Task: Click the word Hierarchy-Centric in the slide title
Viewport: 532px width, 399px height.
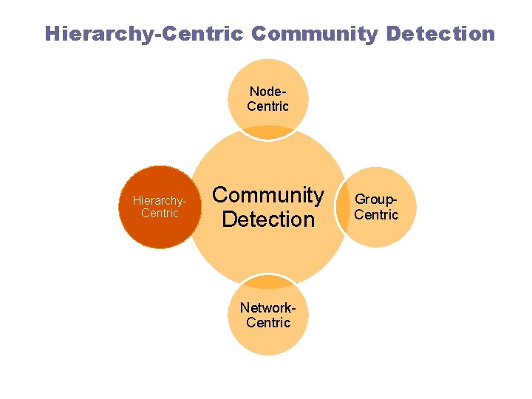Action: click(144, 34)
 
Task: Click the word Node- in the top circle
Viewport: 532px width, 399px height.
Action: click(267, 92)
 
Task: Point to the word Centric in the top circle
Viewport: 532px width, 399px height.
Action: click(267, 106)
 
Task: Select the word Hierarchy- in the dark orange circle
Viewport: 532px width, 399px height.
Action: click(159, 200)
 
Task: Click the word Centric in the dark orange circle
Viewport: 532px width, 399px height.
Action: click(160, 214)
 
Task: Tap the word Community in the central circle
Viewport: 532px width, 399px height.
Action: click(268, 195)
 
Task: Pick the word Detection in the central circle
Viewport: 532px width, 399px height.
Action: click(268, 219)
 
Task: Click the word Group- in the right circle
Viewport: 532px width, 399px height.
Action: click(377, 199)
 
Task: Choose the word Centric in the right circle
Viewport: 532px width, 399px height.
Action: click(376, 215)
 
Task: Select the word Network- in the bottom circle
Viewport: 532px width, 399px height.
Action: click(267, 308)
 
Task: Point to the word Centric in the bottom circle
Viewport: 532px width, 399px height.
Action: click(267, 323)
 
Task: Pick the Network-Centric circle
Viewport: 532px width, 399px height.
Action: click(267, 340)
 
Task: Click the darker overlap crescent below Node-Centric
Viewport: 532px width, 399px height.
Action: click(267, 134)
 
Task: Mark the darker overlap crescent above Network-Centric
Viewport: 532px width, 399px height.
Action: click(267, 281)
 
